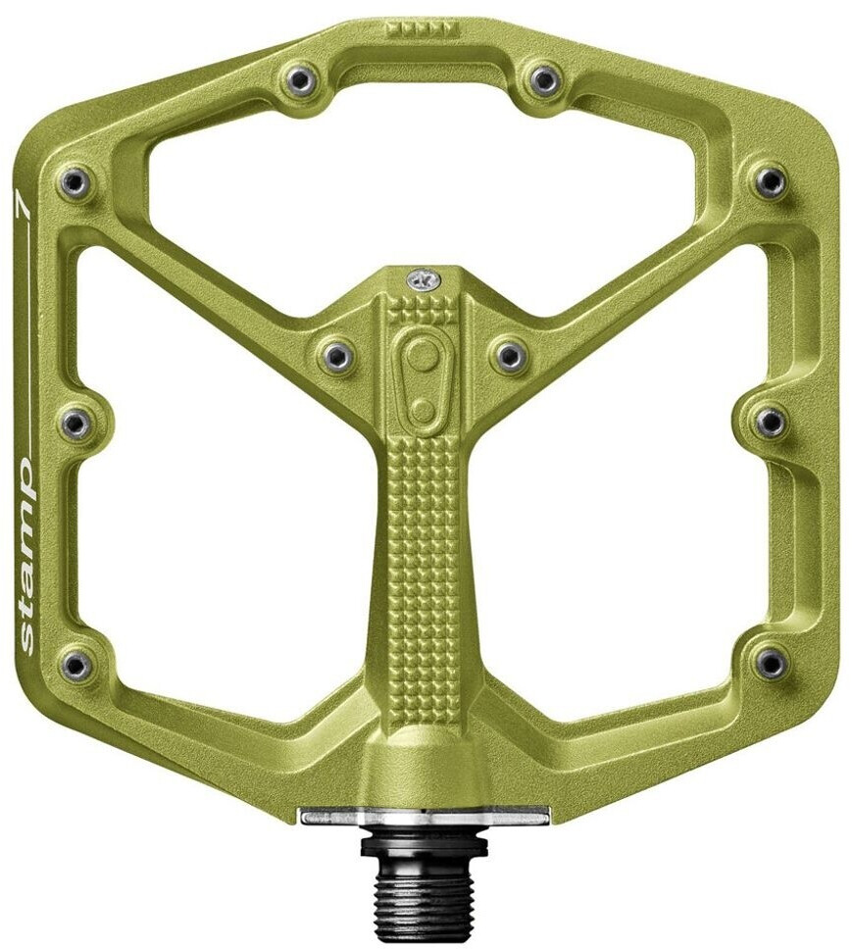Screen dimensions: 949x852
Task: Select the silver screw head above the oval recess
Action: point(423,280)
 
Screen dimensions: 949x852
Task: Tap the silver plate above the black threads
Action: point(425,816)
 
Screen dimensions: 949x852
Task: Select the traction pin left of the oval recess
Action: point(337,355)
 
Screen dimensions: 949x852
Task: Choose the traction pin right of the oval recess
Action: point(509,355)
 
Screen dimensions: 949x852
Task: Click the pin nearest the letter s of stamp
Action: point(75,666)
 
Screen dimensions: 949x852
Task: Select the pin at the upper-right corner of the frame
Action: point(771,182)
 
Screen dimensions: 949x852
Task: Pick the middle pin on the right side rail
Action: point(771,422)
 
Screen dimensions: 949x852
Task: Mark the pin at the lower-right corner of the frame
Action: point(771,664)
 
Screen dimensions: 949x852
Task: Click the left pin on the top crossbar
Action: point(301,80)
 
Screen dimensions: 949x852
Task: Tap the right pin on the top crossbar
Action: point(544,80)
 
